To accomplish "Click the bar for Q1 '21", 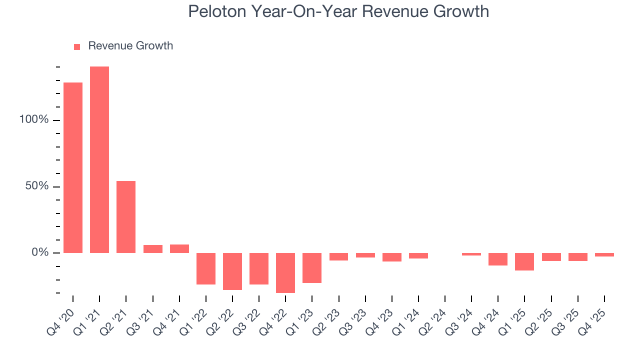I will [99, 159].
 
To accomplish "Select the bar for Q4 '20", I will [73, 167].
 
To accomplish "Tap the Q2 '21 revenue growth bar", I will [126, 216].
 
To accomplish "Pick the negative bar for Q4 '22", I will [285, 272].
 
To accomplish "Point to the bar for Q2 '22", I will [232, 271].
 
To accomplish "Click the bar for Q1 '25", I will [524, 261].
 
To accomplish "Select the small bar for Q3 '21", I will [153, 248].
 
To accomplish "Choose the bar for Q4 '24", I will [498, 259].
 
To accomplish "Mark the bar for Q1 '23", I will [312, 267].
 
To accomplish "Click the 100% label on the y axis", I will [34, 120].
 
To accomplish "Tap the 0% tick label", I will [39, 253].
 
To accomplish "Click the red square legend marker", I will [77, 47].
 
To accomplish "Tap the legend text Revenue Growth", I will [130, 46].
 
